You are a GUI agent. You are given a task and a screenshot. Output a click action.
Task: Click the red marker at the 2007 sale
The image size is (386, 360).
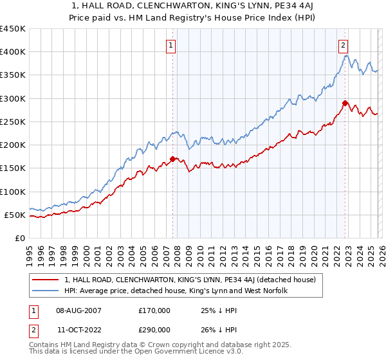coord(172,159)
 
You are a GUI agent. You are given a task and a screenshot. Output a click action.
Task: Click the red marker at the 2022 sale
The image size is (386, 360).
coord(345,103)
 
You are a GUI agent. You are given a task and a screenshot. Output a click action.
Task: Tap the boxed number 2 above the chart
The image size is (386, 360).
coord(344,45)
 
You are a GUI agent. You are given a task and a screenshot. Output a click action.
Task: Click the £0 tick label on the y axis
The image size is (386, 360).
coord(19,238)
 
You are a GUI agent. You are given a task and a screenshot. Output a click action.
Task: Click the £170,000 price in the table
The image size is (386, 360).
coord(154,310)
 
